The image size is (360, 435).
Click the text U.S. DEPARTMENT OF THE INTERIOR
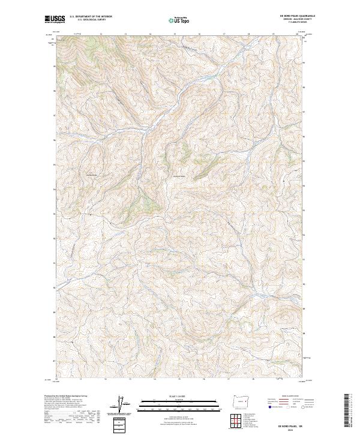(x=91, y=16)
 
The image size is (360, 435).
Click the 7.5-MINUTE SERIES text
(x=292, y=25)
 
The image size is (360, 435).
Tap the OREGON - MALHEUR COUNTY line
(x=292, y=20)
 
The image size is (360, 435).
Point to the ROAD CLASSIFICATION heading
(x=290, y=396)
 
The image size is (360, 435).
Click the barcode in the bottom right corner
(x=347, y=410)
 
